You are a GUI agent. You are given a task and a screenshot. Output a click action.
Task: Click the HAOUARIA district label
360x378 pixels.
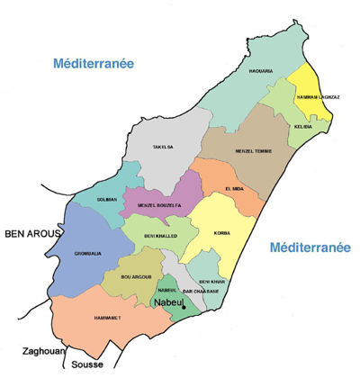tap(260, 70)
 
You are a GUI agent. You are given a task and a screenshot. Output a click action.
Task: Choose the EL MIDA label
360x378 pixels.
tap(233, 187)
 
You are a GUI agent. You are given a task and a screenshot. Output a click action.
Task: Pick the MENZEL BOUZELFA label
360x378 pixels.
tap(160, 206)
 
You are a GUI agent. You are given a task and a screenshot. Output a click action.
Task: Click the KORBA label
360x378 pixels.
tap(221, 233)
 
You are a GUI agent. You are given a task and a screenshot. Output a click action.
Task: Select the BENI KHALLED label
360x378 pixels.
tap(162, 235)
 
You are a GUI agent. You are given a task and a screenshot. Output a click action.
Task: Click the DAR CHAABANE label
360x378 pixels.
tap(201, 292)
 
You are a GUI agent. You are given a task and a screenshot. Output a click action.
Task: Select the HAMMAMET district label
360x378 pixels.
tap(108, 318)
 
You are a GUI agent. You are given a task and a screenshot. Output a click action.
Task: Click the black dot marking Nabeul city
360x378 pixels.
tap(184, 308)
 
